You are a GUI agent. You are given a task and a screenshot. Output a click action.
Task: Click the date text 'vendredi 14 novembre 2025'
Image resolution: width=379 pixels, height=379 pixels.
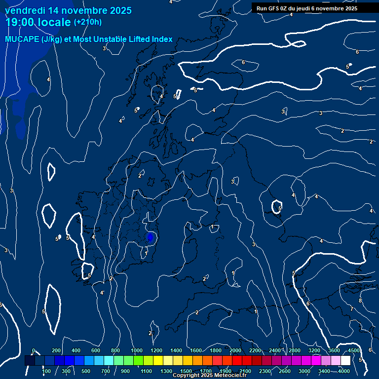coord(68,10)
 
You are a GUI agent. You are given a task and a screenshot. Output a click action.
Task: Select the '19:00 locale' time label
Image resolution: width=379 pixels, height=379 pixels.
coord(38,22)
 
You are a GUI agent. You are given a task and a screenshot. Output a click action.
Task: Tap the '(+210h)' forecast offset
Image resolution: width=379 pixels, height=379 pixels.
coord(87,22)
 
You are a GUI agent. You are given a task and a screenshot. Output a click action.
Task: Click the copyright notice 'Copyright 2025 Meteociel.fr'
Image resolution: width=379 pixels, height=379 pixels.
coord(209,376)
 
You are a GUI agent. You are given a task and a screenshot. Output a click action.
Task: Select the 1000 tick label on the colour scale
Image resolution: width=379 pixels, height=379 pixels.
coord(137,350)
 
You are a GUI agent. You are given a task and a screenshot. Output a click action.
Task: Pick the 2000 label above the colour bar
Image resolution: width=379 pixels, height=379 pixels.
coord(235,350)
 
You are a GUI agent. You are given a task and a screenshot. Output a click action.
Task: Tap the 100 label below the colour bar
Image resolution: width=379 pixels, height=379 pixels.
coord(47,371)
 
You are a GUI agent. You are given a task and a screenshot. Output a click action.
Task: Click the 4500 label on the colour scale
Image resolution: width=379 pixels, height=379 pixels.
coord(353,350)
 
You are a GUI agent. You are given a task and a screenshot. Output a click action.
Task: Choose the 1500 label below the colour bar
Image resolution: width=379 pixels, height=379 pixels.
coord(186,371)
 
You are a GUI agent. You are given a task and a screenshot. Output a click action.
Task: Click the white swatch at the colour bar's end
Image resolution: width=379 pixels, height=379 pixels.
coord(345,361)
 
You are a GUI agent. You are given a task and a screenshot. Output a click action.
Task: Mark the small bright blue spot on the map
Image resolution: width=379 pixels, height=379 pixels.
coord(151,238)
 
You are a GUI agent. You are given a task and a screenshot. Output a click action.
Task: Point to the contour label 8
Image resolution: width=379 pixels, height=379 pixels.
coord(360,301)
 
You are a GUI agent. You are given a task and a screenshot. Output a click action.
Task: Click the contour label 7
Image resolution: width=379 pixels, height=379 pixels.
coord(351,309)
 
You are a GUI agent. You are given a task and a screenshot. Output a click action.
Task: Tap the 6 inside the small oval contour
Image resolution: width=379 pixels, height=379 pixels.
coord(243,62)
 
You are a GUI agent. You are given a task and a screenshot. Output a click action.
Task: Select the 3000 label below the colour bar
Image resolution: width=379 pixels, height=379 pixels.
coord(304,371)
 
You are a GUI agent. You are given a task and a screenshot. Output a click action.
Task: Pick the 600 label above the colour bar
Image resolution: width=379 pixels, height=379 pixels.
coord(96,350)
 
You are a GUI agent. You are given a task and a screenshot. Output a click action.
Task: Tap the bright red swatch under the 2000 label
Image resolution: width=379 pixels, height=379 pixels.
coord(237,361)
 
